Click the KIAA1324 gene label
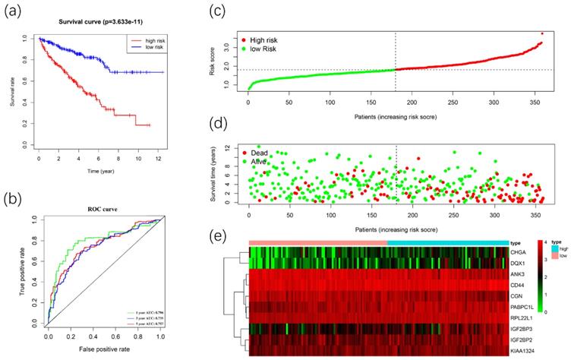pyautogui.click(x=524, y=352)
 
